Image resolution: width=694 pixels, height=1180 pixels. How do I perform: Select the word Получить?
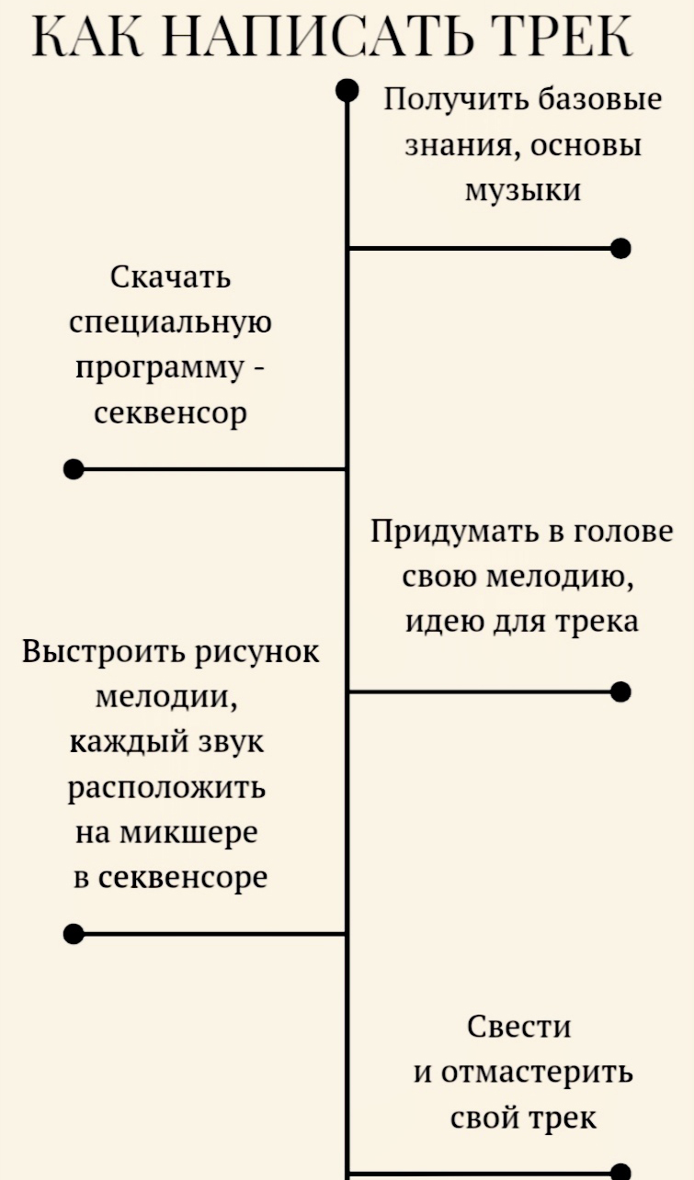[x=457, y=99]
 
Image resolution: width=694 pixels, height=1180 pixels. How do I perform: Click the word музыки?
[x=523, y=190]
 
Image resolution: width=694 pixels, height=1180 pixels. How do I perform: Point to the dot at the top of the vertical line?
[x=347, y=89]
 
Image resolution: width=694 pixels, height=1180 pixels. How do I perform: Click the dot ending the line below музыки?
[x=621, y=248]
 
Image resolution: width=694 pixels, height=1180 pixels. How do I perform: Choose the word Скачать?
[x=171, y=276]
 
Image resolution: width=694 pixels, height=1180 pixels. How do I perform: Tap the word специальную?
[x=171, y=322]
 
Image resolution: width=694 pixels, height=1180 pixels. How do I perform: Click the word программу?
[x=158, y=368]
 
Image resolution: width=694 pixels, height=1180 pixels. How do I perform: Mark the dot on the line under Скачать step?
[x=74, y=469]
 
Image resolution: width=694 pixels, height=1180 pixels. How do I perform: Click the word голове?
[x=623, y=532]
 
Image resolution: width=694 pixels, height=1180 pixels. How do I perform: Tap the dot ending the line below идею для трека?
[x=621, y=691]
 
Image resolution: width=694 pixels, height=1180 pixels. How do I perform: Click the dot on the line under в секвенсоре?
[x=74, y=935]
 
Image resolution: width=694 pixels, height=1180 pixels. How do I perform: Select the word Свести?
[x=519, y=1027]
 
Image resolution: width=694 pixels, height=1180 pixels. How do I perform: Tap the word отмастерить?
[x=536, y=1073]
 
